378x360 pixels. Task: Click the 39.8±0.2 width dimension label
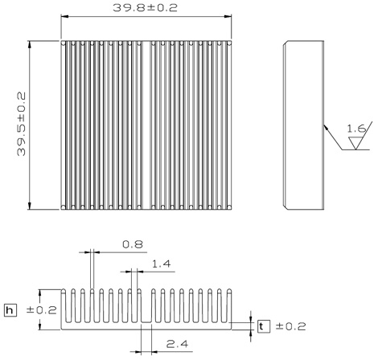pos(145,8)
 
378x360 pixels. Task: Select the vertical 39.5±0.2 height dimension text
pos(21,124)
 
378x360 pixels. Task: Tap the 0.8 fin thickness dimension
pos(133,244)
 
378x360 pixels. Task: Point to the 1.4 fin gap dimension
pos(161,264)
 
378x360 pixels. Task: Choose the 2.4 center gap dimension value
pos(177,344)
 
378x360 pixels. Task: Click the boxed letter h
pos(10,310)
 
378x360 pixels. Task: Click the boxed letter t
pos(264,326)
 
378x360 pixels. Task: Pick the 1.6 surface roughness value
pos(356,129)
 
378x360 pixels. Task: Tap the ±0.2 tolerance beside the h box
pos(42,310)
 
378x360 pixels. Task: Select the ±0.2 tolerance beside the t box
pos(290,326)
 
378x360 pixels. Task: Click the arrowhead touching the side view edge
pos(326,127)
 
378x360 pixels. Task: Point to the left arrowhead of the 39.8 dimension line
pos(65,17)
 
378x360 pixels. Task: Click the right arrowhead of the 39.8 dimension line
pos(228,17)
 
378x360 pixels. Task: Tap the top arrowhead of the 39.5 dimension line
pos(30,45)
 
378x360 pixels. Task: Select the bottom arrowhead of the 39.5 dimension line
pos(30,206)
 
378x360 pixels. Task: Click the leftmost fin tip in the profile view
pos(64,291)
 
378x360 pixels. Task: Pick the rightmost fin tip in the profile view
pos(229,291)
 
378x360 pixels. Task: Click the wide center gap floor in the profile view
pos(146,322)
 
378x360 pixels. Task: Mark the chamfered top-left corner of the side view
pos(286,43)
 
